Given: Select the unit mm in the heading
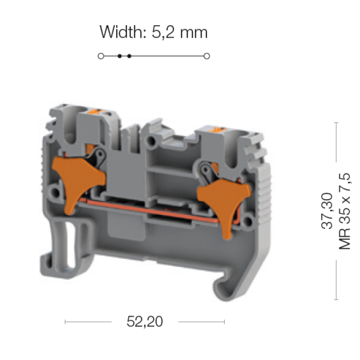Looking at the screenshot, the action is point(194,33).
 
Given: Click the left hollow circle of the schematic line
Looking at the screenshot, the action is point(101,56).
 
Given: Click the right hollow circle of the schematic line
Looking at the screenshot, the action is point(207,56).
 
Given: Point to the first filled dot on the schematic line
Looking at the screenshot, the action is point(119,56).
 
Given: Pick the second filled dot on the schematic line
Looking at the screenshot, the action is point(129,56).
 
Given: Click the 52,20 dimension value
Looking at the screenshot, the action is point(145,321).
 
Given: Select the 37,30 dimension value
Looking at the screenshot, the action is point(327,211).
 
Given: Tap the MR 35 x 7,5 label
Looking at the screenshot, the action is point(345,211).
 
